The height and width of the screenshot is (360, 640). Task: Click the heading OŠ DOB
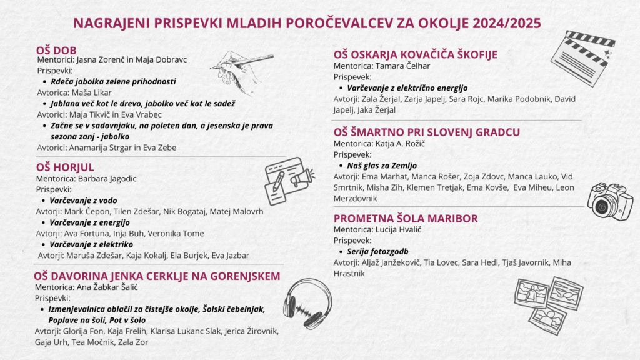point(56,50)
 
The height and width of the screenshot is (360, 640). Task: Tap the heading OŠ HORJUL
point(65,167)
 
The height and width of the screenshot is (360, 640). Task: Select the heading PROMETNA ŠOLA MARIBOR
point(406,218)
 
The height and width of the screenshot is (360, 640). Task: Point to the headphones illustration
point(307,304)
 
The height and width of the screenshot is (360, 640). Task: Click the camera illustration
point(610,201)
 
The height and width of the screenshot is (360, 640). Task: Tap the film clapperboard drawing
point(583,57)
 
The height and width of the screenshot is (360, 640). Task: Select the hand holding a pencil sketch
point(241,71)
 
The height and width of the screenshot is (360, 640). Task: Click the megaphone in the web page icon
point(302,178)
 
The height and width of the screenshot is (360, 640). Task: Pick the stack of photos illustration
point(548,304)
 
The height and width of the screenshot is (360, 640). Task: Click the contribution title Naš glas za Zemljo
point(382,165)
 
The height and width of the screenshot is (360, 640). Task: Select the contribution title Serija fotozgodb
point(377,251)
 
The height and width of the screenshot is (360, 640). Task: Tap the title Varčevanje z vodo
point(83,201)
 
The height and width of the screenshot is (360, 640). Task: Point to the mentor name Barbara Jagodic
point(107,178)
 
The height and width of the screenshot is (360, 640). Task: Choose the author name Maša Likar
point(91,92)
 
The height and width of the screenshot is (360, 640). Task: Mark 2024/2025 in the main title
point(507,23)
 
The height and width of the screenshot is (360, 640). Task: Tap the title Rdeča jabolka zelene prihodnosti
point(113,81)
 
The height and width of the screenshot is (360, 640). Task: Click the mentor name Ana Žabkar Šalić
point(107,287)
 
